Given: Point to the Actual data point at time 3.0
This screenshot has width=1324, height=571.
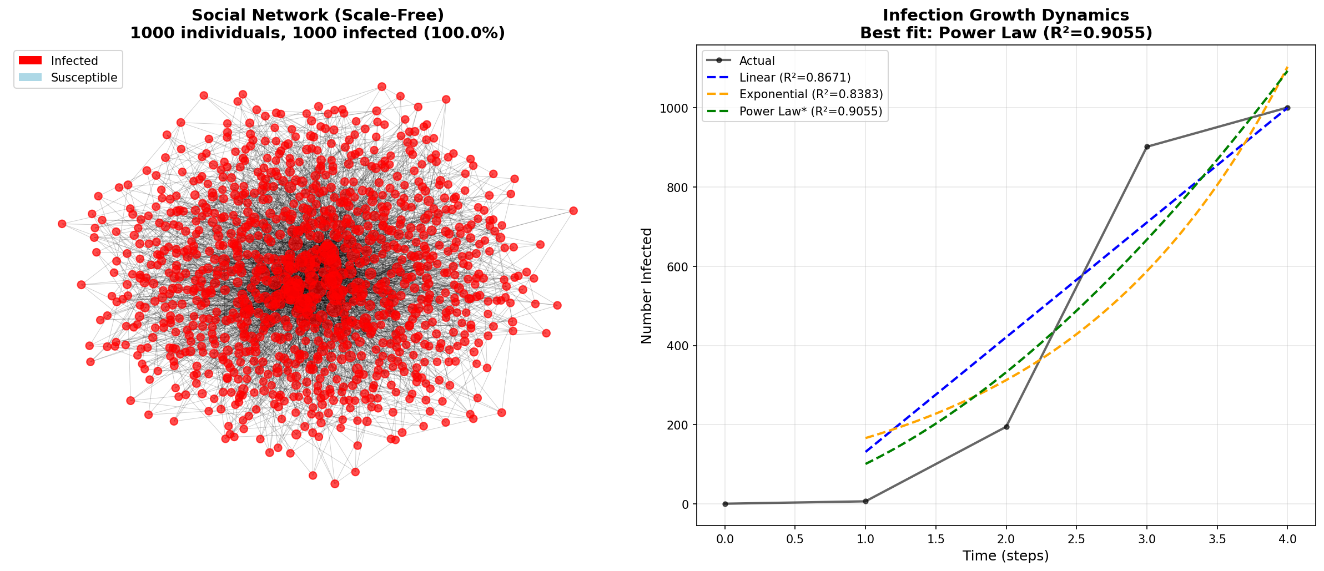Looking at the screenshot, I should pos(1147,146).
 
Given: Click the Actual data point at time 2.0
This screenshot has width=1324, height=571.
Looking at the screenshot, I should pos(1006,427).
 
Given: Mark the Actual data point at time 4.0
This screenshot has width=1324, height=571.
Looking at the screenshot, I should pos(1287,108).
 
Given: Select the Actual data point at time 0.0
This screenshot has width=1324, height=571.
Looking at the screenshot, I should pos(725,504).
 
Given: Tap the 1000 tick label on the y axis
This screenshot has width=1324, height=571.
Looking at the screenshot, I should pos(674,108).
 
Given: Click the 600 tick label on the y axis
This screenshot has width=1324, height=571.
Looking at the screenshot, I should pos(677,267).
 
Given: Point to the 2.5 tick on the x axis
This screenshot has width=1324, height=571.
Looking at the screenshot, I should pos(1076,539).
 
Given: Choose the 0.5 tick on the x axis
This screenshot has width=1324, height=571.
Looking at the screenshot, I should pos(795,539).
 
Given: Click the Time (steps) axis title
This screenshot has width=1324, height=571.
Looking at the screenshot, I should pos(1006,556).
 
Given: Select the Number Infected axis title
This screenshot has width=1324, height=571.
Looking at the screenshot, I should pos(647,286).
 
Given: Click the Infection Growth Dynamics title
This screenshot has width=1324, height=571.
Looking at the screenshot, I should pos(1006,15).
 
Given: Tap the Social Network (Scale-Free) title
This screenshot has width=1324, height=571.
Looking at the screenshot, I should pos(318,15).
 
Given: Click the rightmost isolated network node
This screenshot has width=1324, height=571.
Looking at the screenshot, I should pos(573,211).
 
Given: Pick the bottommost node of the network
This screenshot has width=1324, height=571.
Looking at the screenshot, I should pos(335,484).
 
